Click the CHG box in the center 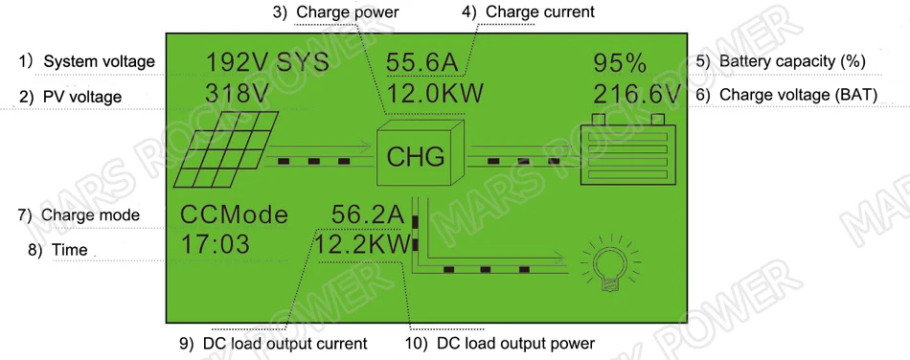point(416,154)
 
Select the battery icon point(627,153)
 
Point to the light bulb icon point(606,262)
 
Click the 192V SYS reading point(267,64)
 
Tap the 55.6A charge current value point(421,64)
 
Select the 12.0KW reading point(435,95)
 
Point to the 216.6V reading point(636,95)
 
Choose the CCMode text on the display point(234,214)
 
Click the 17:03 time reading point(215,245)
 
